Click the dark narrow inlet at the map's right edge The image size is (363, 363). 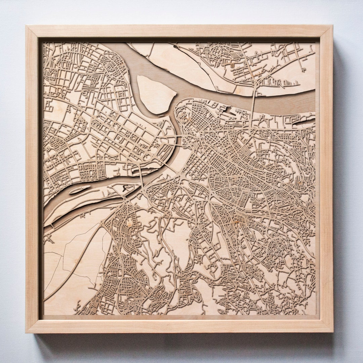(304, 121)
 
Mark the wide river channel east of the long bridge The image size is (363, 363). (286, 101)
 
